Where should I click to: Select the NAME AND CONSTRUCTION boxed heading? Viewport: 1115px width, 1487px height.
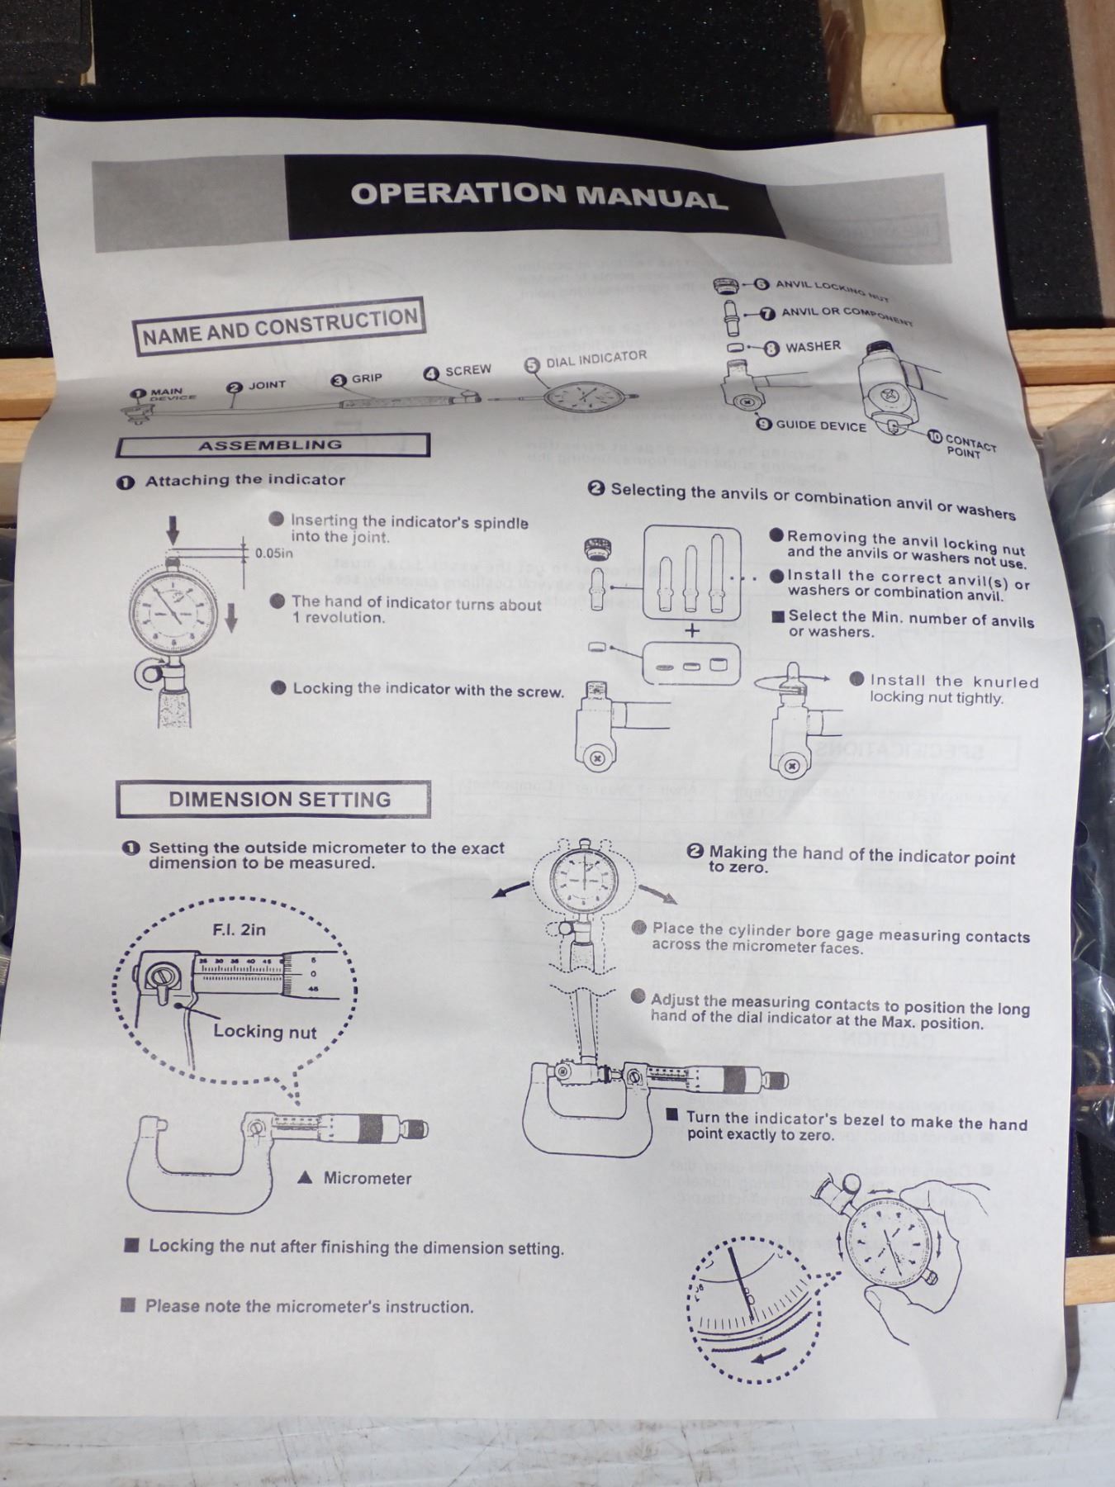point(280,326)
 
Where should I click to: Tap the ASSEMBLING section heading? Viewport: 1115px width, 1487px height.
point(271,445)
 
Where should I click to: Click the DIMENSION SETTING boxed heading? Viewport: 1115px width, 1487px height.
point(279,799)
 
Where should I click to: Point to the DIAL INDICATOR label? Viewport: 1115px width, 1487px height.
point(595,359)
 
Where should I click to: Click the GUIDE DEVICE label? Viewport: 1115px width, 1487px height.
point(820,425)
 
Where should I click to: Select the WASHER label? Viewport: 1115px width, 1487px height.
point(813,347)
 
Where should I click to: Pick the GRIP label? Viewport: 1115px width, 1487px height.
point(367,378)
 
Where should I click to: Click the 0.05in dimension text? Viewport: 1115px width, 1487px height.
point(273,553)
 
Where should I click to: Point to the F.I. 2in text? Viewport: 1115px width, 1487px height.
point(240,929)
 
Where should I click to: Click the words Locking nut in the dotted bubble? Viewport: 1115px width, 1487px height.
point(264,1031)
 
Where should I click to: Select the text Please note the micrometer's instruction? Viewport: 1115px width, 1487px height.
point(309,1306)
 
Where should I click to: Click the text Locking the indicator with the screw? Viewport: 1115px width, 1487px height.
point(428,689)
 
